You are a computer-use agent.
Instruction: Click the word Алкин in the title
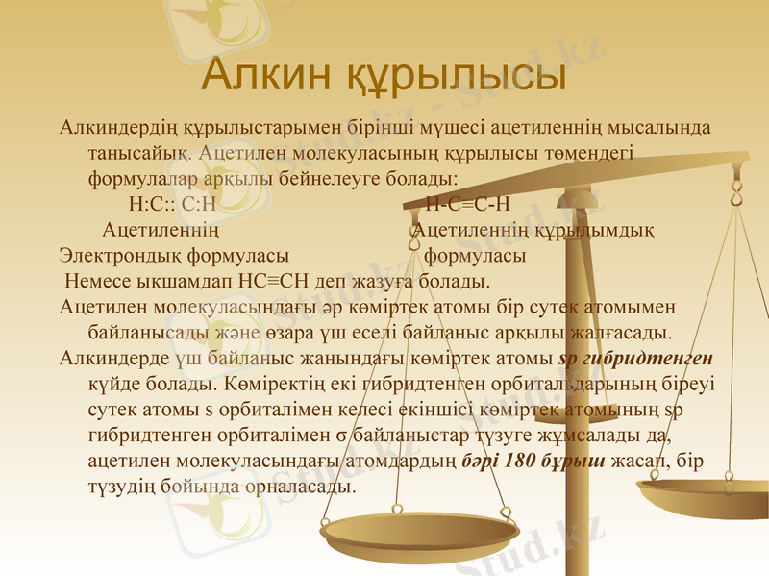tap(263, 75)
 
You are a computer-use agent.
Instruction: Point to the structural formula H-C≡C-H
tap(467, 204)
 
